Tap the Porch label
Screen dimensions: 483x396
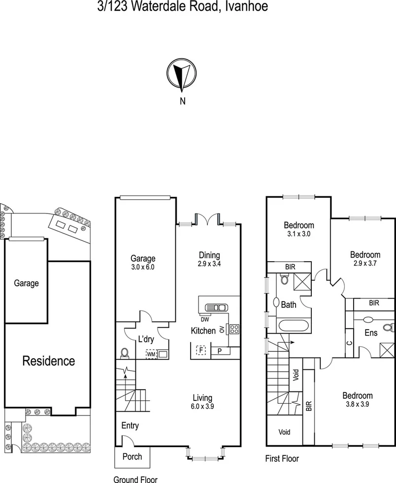point(132,456)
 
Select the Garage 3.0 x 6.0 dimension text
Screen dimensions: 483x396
point(143,268)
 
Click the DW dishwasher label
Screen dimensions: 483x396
point(204,319)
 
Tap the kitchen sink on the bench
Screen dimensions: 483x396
point(216,308)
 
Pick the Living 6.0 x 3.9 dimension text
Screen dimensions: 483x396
point(202,407)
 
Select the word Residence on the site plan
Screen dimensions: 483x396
point(49,361)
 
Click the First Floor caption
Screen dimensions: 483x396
point(282,459)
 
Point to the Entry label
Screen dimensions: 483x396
point(130,426)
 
